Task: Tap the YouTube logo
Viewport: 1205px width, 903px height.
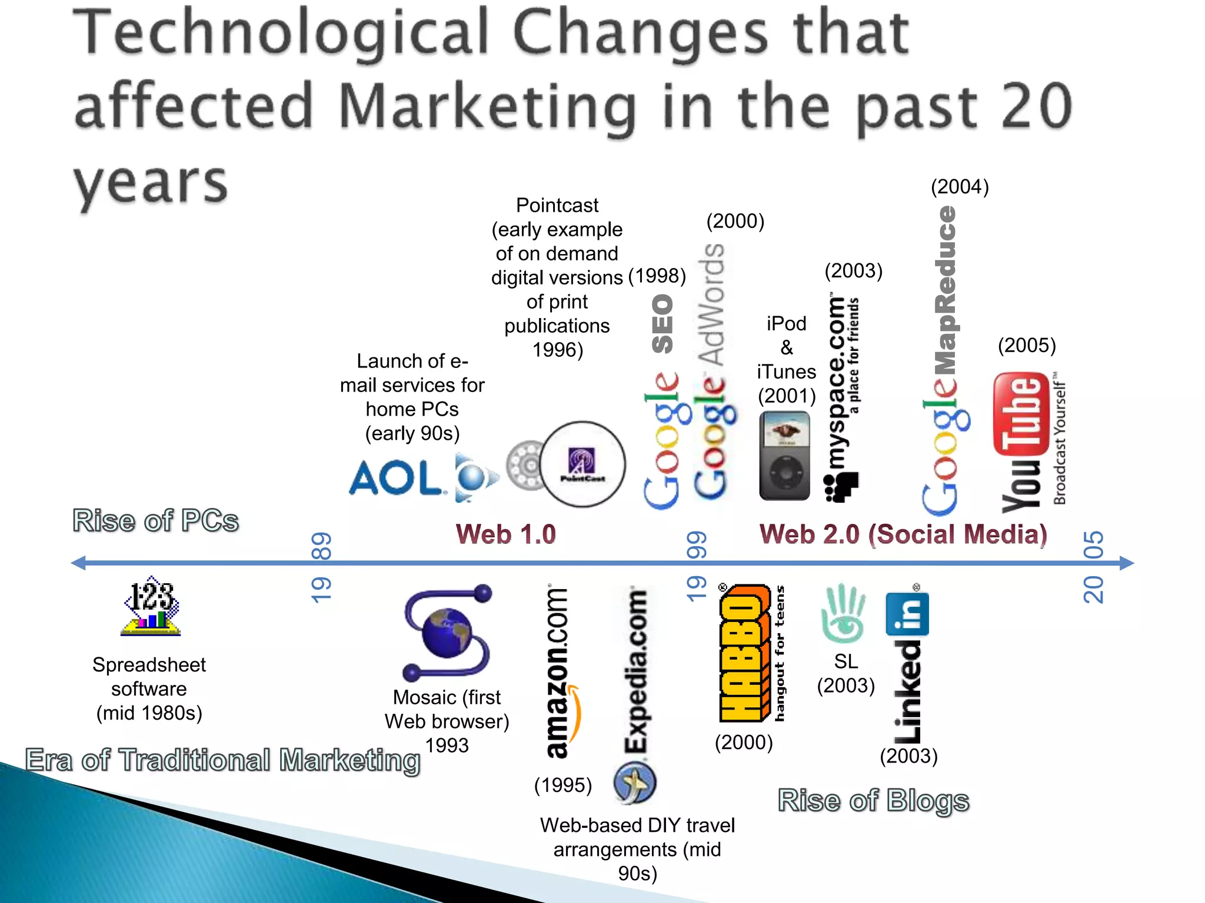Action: tap(1021, 442)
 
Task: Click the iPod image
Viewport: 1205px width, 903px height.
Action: tap(784, 456)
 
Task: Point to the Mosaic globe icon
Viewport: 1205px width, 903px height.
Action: tap(448, 633)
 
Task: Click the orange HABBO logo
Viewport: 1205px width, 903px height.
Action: tap(744, 653)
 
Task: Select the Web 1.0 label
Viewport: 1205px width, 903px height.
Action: tap(505, 534)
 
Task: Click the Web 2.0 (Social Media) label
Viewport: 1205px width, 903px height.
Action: tap(903, 534)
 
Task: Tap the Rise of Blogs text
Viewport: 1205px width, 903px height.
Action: tap(873, 800)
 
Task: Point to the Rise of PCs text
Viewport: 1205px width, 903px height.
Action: tap(155, 520)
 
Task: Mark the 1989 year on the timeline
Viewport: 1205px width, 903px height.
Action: tap(321, 567)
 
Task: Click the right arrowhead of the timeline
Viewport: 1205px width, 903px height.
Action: tap(1126, 563)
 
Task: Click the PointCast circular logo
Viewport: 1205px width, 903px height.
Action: tap(582, 464)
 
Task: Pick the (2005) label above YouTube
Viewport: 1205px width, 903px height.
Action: tap(1027, 345)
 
